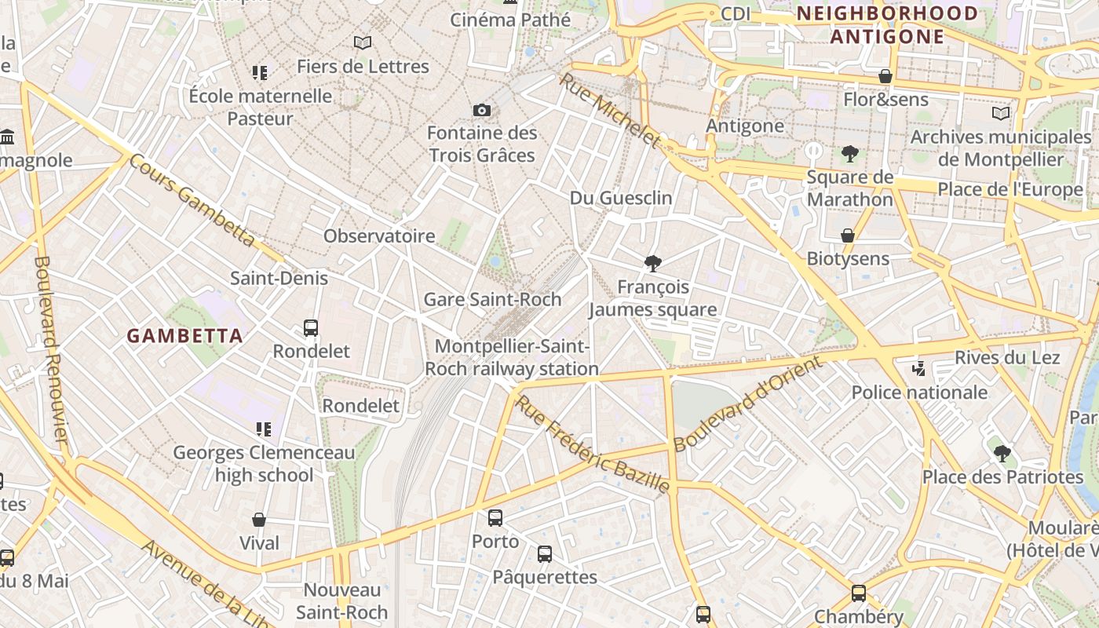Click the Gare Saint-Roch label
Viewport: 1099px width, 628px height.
click(492, 299)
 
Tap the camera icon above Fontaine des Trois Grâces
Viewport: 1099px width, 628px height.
click(482, 111)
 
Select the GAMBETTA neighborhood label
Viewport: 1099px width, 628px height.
click(184, 336)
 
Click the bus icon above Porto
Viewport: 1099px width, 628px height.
click(495, 518)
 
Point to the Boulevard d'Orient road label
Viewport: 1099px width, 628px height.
click(747, 403)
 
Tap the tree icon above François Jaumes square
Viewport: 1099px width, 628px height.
click(652, 264)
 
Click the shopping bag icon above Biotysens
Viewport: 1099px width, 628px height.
click(848, 235)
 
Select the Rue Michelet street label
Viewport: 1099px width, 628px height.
click(610, 111)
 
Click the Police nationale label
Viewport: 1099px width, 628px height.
click(919, 392)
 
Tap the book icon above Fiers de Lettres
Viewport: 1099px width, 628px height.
click(362, 42)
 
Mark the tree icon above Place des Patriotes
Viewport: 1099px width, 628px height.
click(1002, 453)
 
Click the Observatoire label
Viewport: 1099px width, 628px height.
click(379, 235)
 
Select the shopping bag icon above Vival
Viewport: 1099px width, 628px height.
click(259, 520)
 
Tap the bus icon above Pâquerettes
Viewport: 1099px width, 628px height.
click(545, 554)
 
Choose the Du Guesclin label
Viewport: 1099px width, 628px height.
click(621, 198)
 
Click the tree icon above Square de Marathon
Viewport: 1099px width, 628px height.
click(849, 154)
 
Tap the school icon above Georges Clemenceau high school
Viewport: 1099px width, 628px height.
click(264, 429)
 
